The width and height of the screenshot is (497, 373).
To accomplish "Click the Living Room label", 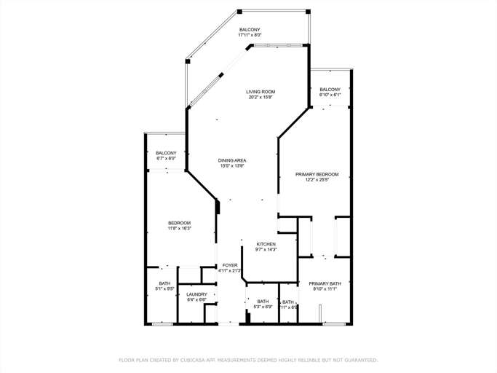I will pos(260,91).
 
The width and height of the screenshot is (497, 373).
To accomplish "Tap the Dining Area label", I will pos(232,160).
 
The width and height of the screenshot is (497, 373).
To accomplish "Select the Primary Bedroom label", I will pos(317,174).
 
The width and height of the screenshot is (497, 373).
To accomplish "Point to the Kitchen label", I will pos(266,243).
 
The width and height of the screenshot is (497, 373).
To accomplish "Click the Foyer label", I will pos(230,265).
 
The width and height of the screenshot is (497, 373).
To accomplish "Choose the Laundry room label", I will pos(196,294).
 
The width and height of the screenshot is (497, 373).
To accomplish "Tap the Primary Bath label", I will pos(325,283).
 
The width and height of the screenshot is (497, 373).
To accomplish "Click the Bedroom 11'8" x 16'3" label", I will pos(179,223).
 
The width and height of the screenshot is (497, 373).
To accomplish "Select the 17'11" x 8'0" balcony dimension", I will pos(250,35).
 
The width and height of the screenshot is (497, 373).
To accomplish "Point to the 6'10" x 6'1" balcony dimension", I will pos(330,95).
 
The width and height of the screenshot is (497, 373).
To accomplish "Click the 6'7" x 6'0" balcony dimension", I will pos(166,158).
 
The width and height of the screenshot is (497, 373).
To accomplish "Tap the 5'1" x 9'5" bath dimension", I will pos(165,288).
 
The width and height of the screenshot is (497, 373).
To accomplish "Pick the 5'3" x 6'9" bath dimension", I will pos(263,307).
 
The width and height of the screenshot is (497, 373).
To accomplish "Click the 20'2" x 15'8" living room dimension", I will pos(260,97).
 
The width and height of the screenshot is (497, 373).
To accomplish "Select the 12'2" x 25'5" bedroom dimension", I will pos(317,180).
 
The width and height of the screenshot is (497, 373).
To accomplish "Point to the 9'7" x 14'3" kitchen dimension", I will pos(266,249).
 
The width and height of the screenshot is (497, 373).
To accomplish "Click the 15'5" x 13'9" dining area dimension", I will pos(232,166).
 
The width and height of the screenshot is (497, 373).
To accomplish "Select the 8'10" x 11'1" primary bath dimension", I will pos(325,289).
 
